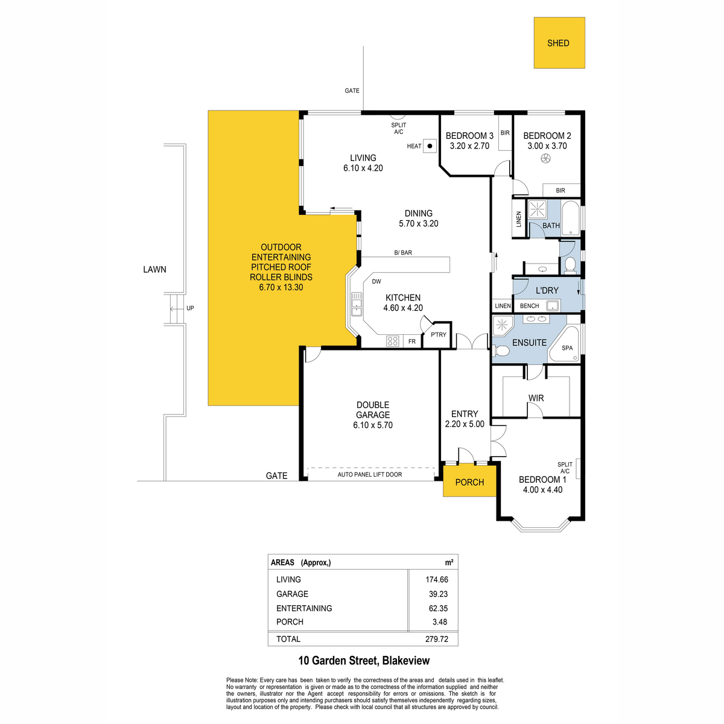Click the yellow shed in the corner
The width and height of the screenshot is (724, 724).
(559, 43)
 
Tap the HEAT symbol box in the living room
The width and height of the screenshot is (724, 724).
(430, 146)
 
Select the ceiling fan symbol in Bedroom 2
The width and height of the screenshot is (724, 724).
(545, 159)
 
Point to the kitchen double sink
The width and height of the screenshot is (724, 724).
(356, 304)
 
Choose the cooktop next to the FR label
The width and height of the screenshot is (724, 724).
(393, 341)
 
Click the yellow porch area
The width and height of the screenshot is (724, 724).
(469, 481)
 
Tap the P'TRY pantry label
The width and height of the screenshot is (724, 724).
(439, 334)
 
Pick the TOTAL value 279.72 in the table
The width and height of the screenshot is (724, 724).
(437, 639)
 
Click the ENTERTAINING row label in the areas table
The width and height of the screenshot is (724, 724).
(304, 608)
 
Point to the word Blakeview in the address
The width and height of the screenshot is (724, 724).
(406, 661)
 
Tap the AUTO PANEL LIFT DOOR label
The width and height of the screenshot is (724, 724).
(370, 475)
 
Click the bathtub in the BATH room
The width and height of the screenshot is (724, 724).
(570, 218)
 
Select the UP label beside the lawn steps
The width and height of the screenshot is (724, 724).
(190, 308)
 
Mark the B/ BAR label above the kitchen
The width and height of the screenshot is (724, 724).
(403, 252)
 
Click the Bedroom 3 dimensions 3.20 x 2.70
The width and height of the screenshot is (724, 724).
(469, 146)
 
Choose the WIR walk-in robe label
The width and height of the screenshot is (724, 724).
(536, 398)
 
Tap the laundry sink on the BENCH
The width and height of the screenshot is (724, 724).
(552, 306)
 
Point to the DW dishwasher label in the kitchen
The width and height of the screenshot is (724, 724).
(376, 281)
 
